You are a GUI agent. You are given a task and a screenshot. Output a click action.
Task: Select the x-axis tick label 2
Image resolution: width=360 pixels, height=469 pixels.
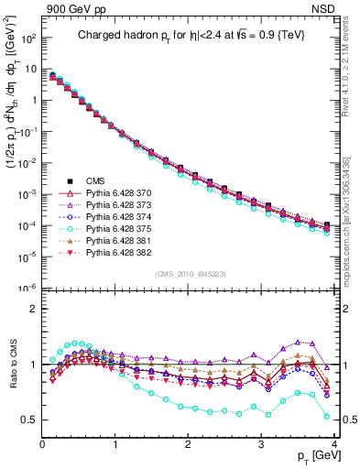188,443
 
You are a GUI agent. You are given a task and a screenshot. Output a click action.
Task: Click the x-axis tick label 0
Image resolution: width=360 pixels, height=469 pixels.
42,443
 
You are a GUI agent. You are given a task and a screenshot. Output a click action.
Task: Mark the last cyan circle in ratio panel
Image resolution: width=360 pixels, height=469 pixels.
327,417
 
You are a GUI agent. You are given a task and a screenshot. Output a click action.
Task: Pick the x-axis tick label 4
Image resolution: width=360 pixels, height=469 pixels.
334,443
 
